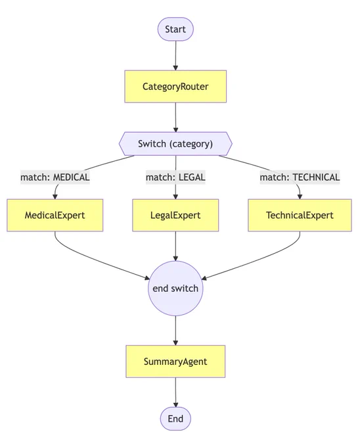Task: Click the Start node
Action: [x=175, y=29]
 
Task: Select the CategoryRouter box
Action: [x=175, y=86]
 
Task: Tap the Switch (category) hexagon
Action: [x=175, y=144]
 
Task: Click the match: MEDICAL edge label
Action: [x=55, y=177]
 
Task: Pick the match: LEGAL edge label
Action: [x=175, y=177]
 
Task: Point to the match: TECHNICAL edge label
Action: [x=300, y=177]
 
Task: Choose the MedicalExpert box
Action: [x=55, y=215]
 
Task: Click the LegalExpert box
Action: [x=175, y=215]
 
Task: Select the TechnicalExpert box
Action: [x=300, y=215]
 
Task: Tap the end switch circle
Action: [x=175, y=288]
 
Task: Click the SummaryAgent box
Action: [x=175, y=362]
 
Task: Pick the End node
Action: [x=175, y=419]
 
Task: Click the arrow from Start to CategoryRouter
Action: [x=175, y=56]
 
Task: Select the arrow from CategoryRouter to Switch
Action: [x=175, y=117]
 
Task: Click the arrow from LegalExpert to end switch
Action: [x=175, y=246]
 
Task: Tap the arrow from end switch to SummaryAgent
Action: [x=175, y=331]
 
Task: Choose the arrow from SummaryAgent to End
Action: [x=175, y=392]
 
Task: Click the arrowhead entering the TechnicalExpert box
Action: [x=300, y=197]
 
